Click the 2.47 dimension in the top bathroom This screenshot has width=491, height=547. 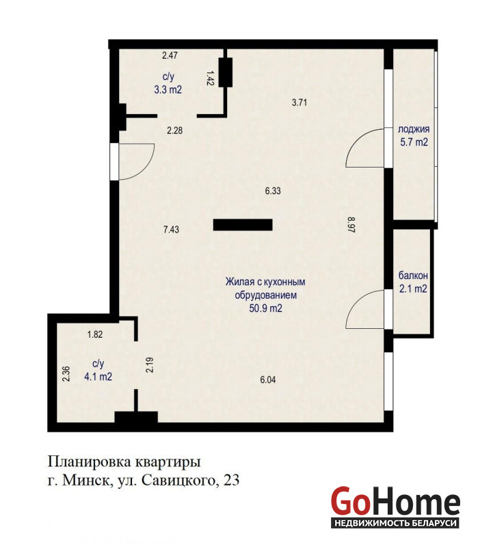coord(170,55)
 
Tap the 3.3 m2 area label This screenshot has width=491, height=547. coord(168,90)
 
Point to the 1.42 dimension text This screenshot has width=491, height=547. coord(210,78)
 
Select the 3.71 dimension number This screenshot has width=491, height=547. coord(300,103)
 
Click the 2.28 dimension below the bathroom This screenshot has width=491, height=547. coord(175,131)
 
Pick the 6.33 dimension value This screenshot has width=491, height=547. coord(273,191)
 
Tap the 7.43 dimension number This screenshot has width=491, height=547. coord(172,230)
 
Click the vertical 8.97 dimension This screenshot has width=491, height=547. coord(351,225)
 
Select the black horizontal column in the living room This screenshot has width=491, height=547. coord(243,225)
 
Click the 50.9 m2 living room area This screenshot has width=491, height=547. coord(265,308)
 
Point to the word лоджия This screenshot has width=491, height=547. coord(414,129)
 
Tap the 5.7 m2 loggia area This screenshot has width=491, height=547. coord(414,142)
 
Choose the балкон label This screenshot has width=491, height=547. coord(413,276)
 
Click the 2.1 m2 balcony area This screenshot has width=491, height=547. coord(413,289)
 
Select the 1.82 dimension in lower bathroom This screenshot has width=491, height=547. coord(95,334)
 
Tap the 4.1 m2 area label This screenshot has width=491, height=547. coord(98,377)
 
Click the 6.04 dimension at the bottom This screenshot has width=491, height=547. coord(268,380)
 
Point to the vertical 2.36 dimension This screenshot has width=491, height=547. coord(66,373)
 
